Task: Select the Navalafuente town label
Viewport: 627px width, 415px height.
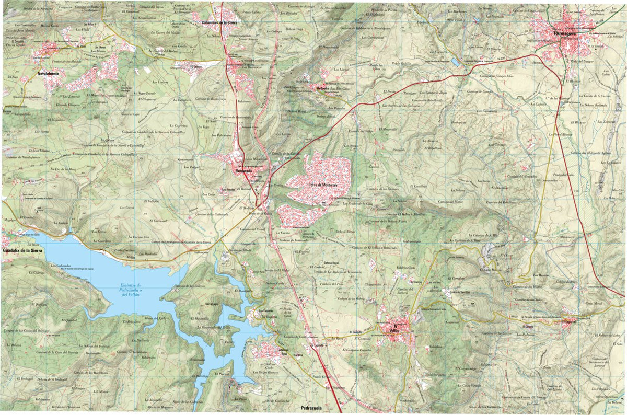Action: coord(52,74)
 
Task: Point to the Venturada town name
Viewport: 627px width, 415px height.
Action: coord(244,171)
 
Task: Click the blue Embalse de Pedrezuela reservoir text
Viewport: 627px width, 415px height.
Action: coord(127,290)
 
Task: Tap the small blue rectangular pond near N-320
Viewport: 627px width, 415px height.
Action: coord(455,62)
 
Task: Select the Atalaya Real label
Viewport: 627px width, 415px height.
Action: coord(284,351)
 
